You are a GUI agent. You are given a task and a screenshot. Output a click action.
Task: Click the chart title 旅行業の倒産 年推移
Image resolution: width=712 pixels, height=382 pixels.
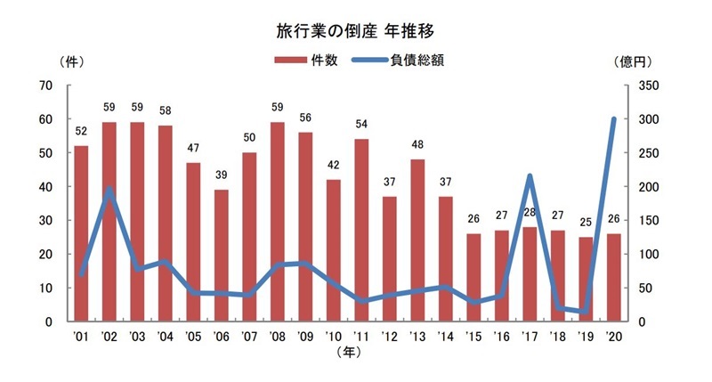[x=355, y=30]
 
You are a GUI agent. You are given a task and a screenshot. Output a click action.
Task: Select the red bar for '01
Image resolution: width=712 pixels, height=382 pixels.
[x=81, y=233]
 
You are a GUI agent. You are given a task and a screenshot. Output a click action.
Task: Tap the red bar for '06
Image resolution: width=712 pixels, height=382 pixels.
[x=222, y=256]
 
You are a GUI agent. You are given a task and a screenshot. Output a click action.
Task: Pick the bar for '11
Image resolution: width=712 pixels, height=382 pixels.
[x=361, y=230]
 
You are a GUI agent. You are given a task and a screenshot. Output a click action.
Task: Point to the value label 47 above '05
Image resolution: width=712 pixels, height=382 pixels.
[x=194, y=150]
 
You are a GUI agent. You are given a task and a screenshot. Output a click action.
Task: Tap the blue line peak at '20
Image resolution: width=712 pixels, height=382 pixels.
[x=613, y=119]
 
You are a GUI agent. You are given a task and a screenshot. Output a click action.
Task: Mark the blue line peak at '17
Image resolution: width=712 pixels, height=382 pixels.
[x=530, y=176]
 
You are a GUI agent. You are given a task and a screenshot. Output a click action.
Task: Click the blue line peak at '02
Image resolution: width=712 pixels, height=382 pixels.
[x=109, y=189]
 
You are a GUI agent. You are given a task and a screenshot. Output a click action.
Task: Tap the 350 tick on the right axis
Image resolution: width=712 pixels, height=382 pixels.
[x=639, y=85]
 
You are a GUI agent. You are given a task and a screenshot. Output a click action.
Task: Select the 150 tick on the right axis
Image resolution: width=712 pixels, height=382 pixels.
[x=639, y=221]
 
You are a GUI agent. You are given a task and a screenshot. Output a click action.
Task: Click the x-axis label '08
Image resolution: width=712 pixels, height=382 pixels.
[x=277, y=337]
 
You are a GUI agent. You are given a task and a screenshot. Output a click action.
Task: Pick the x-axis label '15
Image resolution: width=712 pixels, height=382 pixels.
[x=473, y=337]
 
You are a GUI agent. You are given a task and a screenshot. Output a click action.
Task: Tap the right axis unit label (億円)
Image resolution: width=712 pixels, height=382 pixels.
[x=635, y=62]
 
